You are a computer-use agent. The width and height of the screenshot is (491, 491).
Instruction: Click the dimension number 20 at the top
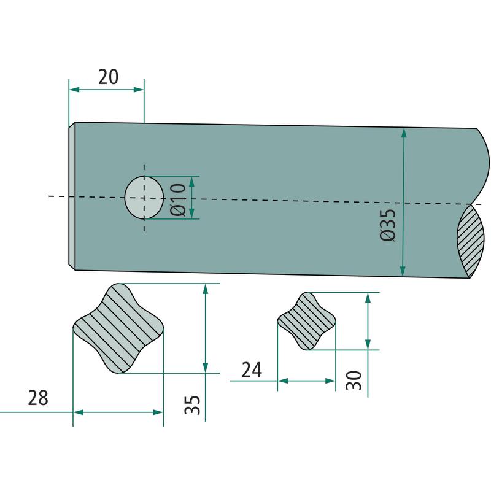(x=109, y=77)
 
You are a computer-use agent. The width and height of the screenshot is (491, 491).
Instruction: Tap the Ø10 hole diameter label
(x=178, y=200)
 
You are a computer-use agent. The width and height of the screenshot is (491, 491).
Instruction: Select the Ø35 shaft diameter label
(x=388, y=225)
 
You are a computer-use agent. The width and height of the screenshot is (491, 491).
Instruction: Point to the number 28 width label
(x=38, y=398)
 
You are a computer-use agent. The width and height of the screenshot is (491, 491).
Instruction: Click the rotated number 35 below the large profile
(x=192, y=405)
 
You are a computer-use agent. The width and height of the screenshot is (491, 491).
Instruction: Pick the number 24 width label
(x=252, y=370)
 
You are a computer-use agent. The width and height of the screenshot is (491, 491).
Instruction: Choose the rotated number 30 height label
(x=354, y=380)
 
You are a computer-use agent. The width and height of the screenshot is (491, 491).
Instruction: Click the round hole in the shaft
(x=144, y=198)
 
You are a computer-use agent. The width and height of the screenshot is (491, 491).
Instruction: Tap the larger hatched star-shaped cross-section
(x=118, y=328)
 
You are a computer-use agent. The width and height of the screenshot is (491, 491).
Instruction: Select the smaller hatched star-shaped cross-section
(x=306, y=321)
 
